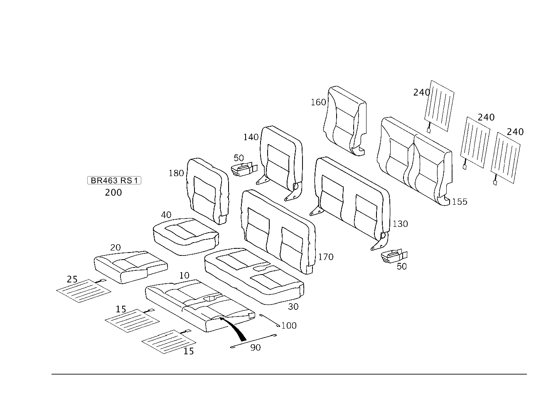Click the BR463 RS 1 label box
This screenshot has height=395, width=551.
pos(114,180)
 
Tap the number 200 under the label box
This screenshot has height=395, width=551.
pos(113,192)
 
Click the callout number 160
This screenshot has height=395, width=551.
pos(318,102)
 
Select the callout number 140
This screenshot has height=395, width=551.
pos(251,137)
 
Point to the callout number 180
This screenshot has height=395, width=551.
pos(176,173)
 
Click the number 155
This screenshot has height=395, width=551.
pos(460,202)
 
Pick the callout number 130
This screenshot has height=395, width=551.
pos(400,224)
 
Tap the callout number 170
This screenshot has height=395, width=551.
pos(326,257)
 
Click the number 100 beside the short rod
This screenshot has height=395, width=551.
pos(289,326)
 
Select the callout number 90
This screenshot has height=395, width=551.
pos(255,348)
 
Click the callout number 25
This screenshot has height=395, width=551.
pos(72,279)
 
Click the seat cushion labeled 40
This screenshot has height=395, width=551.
pos(186,236)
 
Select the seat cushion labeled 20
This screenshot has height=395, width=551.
pos(131,267)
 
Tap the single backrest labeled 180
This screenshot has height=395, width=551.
pos(208,191)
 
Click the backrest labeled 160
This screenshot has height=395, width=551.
pos(345,120)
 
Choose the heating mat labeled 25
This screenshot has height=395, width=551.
pos(84,291)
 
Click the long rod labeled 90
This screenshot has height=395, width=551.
pos(253,341)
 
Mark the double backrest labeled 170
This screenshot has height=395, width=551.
pos(278,231)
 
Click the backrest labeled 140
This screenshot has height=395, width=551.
pos(280,163)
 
